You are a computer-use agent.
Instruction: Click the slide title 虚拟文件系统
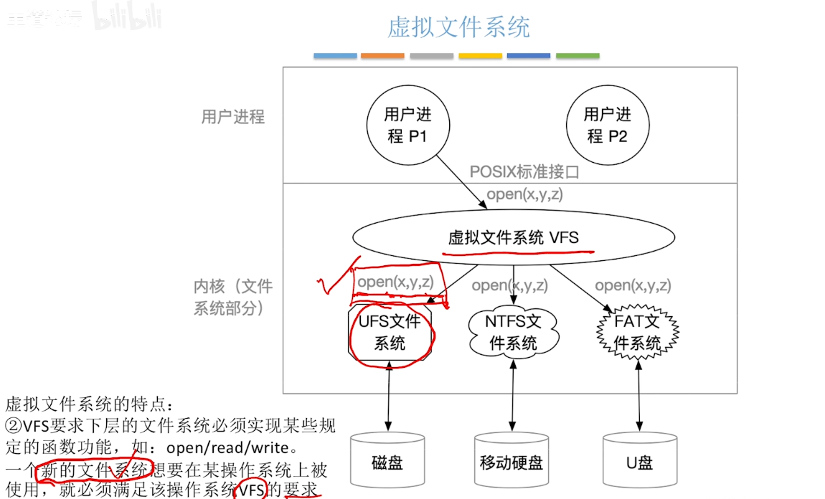pyautogui.click(x=458, y=27)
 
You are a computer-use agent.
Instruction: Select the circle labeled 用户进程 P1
pyautogui.click(x=407, y=125)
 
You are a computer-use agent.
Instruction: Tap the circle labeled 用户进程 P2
pyautogui.click(x=608, y=125)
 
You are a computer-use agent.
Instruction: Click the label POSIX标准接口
pyautogui.click(x=524, y=172)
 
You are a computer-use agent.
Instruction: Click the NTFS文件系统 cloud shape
pyautogui.click(x=514, y=332)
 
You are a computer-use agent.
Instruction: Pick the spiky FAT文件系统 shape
pyautogui.click(x=637, y=332)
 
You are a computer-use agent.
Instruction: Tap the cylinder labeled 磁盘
pyautogui.click(x=387, y=460)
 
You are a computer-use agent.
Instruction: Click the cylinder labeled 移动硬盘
pyautogui.click(x=511, y=460)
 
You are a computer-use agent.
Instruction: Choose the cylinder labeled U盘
pyautogui.click(x=638, y=460)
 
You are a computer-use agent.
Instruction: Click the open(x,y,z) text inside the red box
pyautogui.click(x=395, y=282)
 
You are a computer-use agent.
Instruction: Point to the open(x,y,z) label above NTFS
pyautogui.click(x=509, y=285)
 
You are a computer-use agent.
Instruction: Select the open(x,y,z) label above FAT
pyautogui.click(x=633, y=285)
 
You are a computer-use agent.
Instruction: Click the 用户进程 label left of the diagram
pyautogui.click(x=233, y=117)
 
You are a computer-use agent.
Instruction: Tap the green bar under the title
pyautogui.click(x=577, y=56)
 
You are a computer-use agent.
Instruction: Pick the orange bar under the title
pyautogui.click(x=382, y=56)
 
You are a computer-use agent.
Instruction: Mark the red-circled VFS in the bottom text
pyautogui.click(x=252, y=490)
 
